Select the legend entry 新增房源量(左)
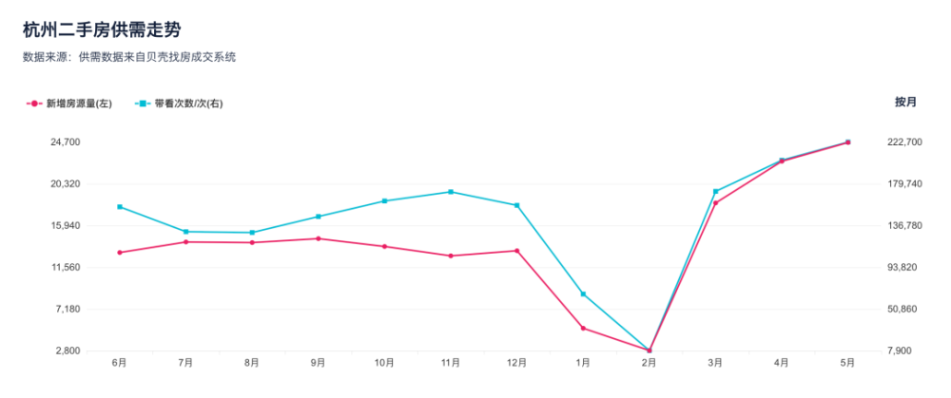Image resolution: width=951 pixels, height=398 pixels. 69,104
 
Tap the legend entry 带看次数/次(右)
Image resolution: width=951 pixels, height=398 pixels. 179,104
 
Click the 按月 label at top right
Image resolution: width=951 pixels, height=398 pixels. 905,102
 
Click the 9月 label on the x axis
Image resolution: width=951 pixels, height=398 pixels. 318,363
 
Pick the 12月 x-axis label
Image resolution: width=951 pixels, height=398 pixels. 516,363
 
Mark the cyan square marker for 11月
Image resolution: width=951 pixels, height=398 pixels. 451,192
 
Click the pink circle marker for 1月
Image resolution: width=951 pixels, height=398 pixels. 583,329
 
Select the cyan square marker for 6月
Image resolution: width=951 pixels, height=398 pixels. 120,207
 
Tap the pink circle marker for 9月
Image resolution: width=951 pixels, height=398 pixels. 318,238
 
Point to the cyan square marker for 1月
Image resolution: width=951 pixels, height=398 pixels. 583,294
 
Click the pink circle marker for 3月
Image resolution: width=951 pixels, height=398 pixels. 716,203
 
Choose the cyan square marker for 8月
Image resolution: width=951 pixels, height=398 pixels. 252,233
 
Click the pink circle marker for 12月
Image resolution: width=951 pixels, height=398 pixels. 516,251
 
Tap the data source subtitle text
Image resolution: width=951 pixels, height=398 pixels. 128,58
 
